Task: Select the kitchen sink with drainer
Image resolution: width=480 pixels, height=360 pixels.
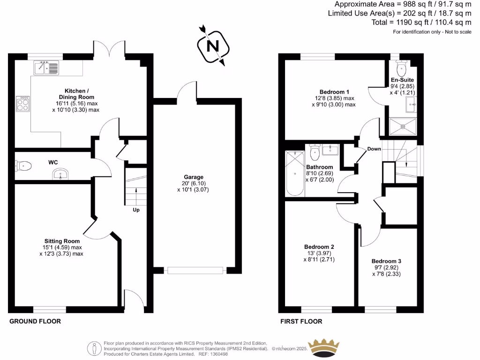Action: pos(46,68)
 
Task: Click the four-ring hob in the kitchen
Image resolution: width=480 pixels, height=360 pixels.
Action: pos(22,104)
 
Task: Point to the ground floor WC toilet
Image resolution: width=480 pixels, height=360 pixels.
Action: pos(24,165)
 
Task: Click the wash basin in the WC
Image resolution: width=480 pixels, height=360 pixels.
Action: pos(60,175)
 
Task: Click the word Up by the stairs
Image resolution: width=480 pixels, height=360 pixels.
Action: pos(136,210)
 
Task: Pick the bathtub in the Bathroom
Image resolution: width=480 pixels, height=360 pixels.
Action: pos(295,173)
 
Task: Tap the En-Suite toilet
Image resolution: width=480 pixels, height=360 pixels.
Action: pos(401,69)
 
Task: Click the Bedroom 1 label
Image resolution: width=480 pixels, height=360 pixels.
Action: pos(334,92)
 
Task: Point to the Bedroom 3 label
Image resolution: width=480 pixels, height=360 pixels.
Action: pos(386,261)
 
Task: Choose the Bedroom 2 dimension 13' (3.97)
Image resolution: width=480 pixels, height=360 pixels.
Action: pos(319,253)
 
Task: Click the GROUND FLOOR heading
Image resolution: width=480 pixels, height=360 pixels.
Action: pos(35,322)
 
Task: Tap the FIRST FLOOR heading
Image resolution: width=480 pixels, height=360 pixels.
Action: pos(301,322)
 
